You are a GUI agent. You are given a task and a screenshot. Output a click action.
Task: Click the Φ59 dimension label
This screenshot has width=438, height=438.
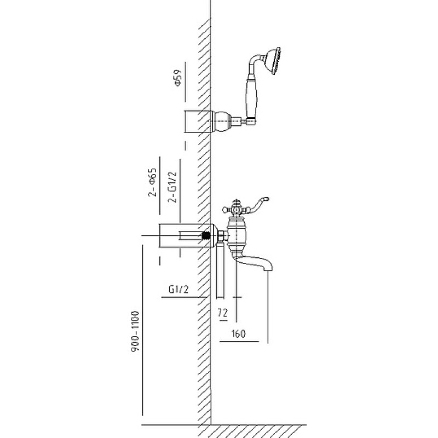(177, 78)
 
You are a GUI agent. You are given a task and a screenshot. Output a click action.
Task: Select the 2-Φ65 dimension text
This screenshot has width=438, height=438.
(153, 183)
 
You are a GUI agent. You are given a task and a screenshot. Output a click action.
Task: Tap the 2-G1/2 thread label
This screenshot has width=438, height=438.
(172, 187)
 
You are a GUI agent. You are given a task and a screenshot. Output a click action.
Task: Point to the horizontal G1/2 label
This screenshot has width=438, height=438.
(178, 290)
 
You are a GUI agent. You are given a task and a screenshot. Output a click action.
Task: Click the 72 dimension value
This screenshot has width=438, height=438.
(223, 313)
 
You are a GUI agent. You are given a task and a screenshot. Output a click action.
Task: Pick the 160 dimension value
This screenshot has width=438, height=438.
(238, 333)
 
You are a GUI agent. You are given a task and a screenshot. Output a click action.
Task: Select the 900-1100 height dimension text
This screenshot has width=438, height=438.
(135, 331)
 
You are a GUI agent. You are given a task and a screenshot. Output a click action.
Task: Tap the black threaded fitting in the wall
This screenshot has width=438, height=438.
(206, 236)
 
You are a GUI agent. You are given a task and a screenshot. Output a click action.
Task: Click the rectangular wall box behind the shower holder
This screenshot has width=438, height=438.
(197, 121)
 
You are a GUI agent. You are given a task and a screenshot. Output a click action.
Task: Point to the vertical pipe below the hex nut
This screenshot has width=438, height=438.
(221, 270)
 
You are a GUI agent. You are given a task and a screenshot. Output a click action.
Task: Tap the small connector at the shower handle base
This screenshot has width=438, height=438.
(251, 121)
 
